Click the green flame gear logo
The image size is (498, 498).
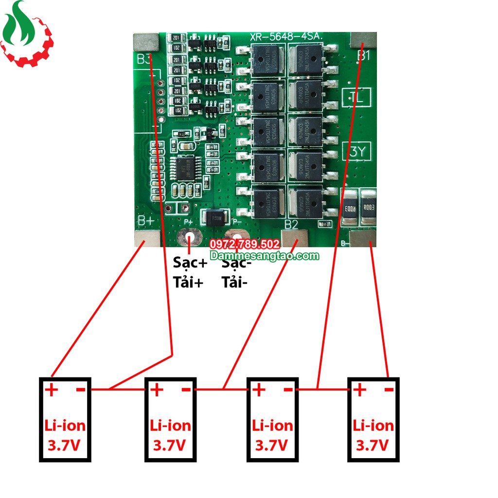click(27, 34)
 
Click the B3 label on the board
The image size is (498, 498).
click(143, 59)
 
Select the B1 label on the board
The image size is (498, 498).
click(364, 55)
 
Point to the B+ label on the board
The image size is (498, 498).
click(145, 221)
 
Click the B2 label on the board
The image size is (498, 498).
click(291, 224)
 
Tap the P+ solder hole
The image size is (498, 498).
click(189, 238)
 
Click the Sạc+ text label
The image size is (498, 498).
click(189, 263)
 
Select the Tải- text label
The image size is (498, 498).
click(234, 282)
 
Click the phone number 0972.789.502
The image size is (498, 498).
click(244, 244)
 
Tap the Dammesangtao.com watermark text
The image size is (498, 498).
click(265, 256)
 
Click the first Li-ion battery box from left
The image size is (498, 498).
click(65, 419)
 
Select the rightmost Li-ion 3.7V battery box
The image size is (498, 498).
click(373, 419)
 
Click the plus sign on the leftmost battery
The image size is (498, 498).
click(51, 390)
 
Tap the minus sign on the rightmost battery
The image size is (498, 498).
click(388, 390)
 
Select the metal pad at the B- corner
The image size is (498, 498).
click(363, 239)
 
